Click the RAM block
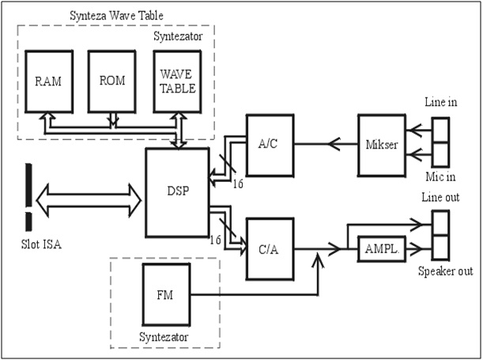point(48,81)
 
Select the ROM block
point(111,81)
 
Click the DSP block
point(177,191)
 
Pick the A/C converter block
point(270,145)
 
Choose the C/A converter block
point(270,248)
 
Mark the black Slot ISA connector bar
point(28,193)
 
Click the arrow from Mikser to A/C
point(325,145)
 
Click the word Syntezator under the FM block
point(164,336)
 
